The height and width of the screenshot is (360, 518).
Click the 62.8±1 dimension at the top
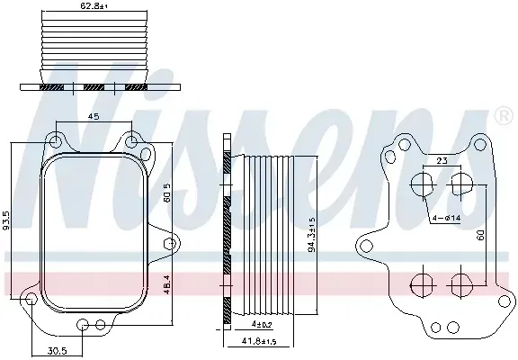(x=94, y=5)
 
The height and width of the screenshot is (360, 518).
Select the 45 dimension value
(x=94, y=116)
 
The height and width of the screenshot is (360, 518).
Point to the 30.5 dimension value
(x=58, y=350)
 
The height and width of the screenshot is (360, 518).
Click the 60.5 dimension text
(x=167, y=193)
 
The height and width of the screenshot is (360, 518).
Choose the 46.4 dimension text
(x=167, y=284)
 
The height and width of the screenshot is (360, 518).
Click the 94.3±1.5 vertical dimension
(x=312, y=235)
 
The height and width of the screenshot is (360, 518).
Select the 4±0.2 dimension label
(x=261, y=325)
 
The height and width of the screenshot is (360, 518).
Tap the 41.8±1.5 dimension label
(x=259, y=341)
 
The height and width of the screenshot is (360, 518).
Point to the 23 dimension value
(x=442, y=161)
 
